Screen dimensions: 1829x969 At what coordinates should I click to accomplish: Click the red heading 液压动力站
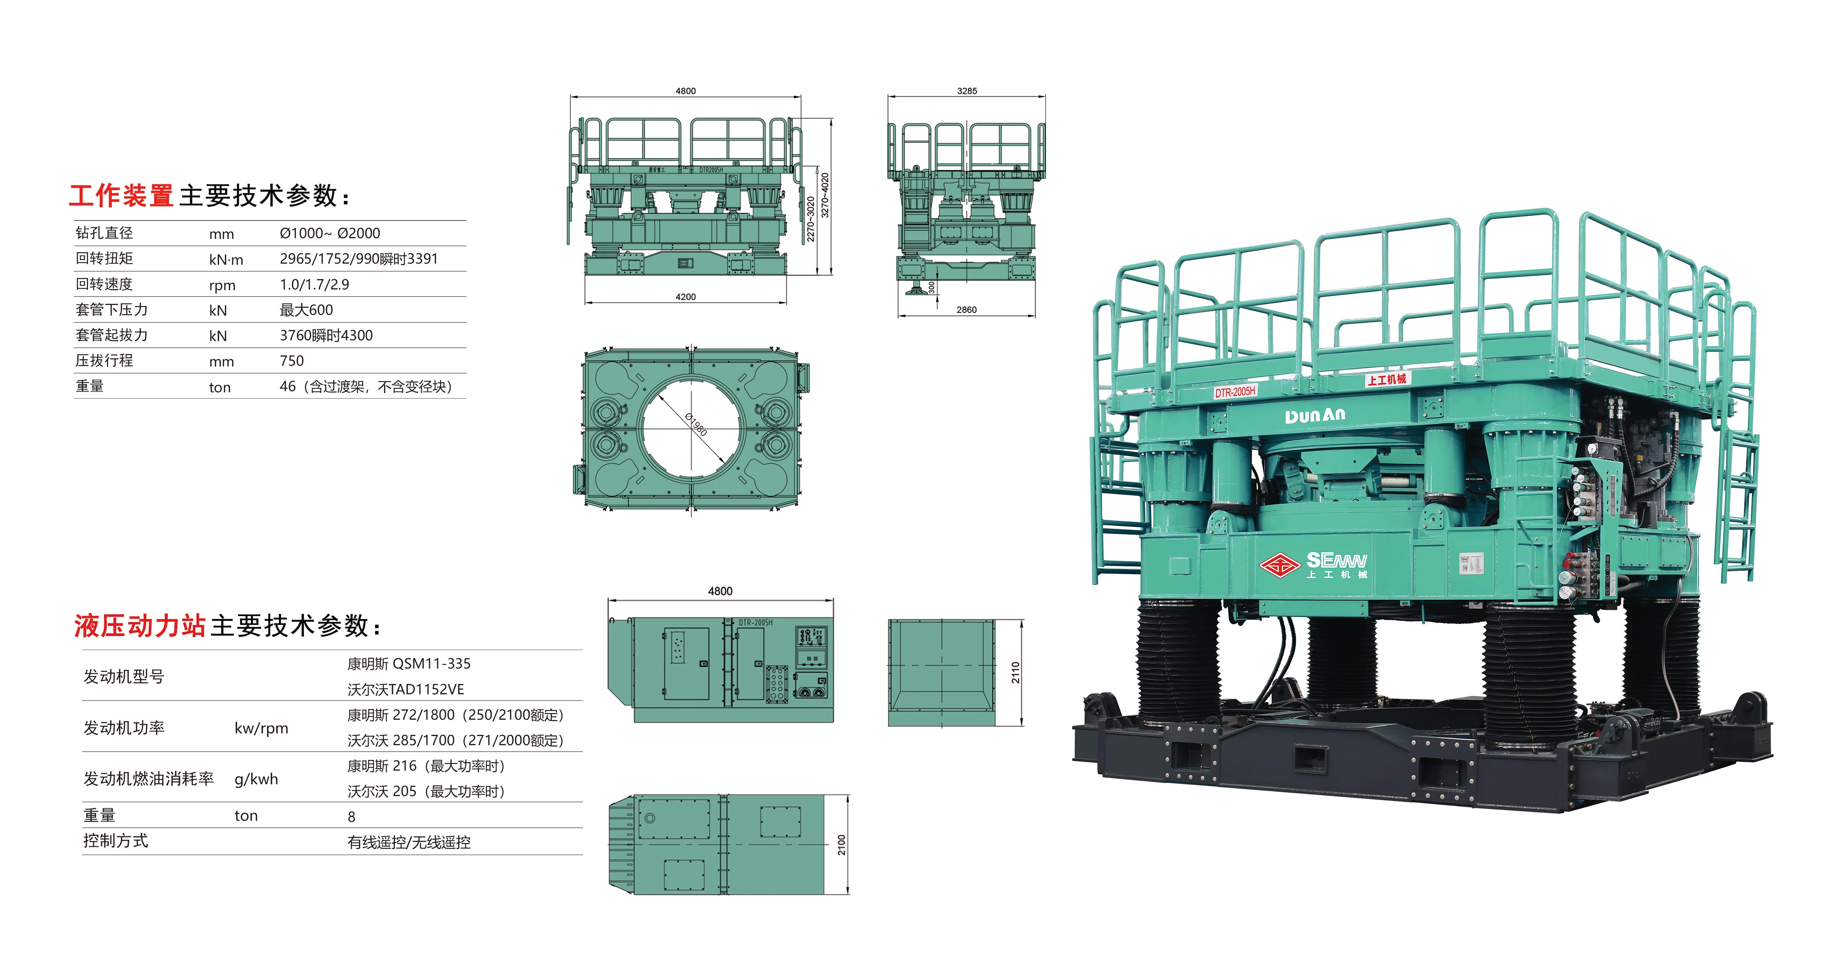tap(140, 625)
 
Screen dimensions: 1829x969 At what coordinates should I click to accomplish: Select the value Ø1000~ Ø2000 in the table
tap(330, 233)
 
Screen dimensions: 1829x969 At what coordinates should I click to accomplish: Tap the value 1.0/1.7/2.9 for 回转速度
tap(314, 284)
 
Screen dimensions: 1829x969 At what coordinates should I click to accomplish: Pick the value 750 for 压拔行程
tap(292, 361)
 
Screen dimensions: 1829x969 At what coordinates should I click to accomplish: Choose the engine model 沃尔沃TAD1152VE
tap(406, 689)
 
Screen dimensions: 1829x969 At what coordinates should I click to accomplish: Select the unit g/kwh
tap(256, 779)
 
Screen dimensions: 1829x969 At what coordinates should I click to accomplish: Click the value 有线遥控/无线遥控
tap(409, 842)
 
